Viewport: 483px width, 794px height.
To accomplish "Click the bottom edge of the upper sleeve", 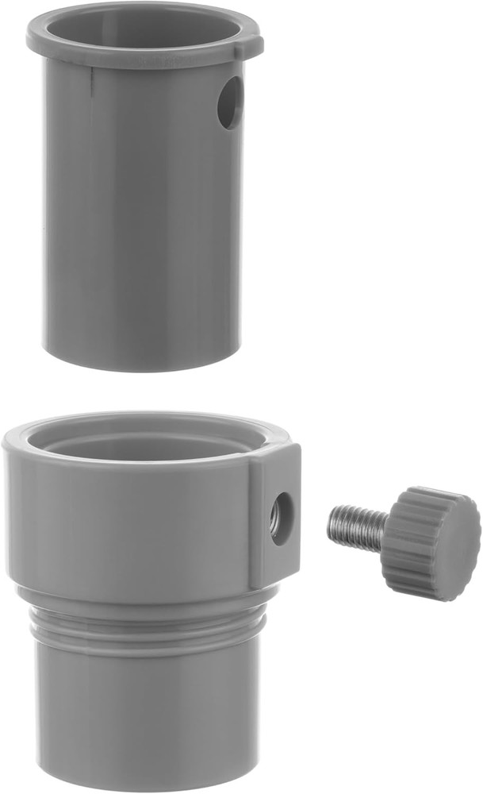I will pos(143,365).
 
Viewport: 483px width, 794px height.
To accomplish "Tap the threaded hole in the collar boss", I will pos(281,518).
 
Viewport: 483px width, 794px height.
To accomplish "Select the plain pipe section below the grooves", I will pos(143,715).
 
